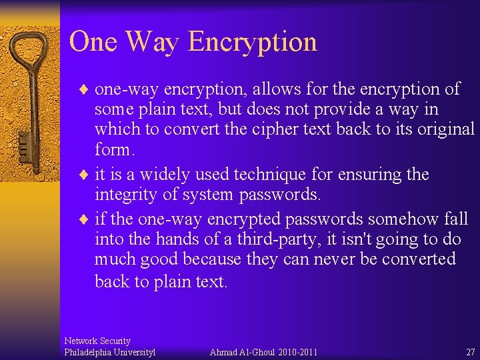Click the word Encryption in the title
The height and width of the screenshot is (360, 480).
(252, 42)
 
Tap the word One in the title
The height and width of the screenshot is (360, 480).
(93, 41)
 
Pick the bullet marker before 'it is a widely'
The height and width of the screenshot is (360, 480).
(84, 175)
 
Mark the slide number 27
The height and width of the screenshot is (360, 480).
(471, 352)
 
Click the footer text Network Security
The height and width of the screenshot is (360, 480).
(97, 341)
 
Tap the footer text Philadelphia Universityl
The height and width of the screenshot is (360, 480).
(109, 352)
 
